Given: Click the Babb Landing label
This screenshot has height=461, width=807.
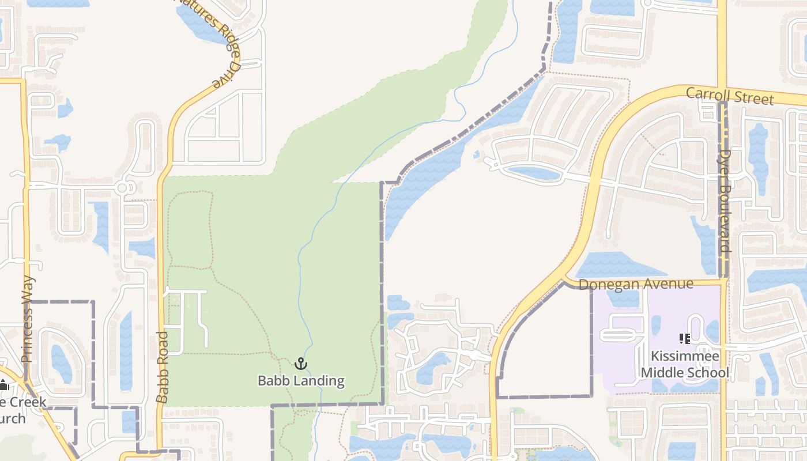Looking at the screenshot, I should (301, 381).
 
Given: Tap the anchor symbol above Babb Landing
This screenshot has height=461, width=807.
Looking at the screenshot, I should (301, 364).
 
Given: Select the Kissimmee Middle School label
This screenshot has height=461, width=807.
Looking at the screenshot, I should (685, 365).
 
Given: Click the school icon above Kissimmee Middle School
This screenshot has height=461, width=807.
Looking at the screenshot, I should (685, 339).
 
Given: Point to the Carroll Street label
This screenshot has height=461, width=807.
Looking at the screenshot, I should (730, 96).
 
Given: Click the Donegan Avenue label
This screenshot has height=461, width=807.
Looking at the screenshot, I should (635, 284).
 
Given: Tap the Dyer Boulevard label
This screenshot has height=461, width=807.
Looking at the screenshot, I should (726, 202).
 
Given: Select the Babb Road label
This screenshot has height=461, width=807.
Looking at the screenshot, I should (163, 366).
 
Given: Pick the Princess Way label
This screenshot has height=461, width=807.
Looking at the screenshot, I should (28, 319).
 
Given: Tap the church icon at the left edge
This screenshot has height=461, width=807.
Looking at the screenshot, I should (3, 386).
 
